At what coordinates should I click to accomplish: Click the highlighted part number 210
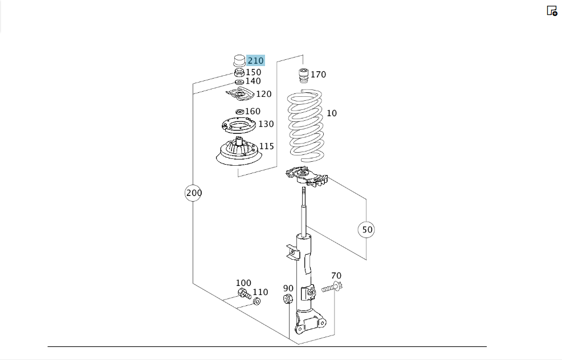tap(255, 60)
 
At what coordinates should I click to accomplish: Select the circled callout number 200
tap(194, 193)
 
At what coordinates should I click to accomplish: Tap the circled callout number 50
tap(366, 230)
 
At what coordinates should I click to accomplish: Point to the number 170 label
tap(318, 75)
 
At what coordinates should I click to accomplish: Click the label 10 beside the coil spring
tap(332, 113)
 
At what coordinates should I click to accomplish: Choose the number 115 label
tap(266, 146)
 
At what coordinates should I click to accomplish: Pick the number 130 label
tap(266, 124)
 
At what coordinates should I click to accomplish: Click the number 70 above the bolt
tap(336, 276)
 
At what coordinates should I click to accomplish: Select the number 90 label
tap(288, 288)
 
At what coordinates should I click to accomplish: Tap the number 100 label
tap(243, 283)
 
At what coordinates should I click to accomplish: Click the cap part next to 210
tap(239, 60)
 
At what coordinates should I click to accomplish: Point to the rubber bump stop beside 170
tap(304, 75)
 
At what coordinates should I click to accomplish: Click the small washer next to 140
tap(239, 83)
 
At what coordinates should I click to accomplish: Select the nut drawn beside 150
tap(239, 73)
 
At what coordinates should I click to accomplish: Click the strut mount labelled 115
tap(238, 151)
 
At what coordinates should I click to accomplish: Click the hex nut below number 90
tap(288, 298)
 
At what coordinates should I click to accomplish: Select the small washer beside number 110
tap(256, 301)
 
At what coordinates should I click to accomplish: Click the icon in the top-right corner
tap(552, 11)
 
